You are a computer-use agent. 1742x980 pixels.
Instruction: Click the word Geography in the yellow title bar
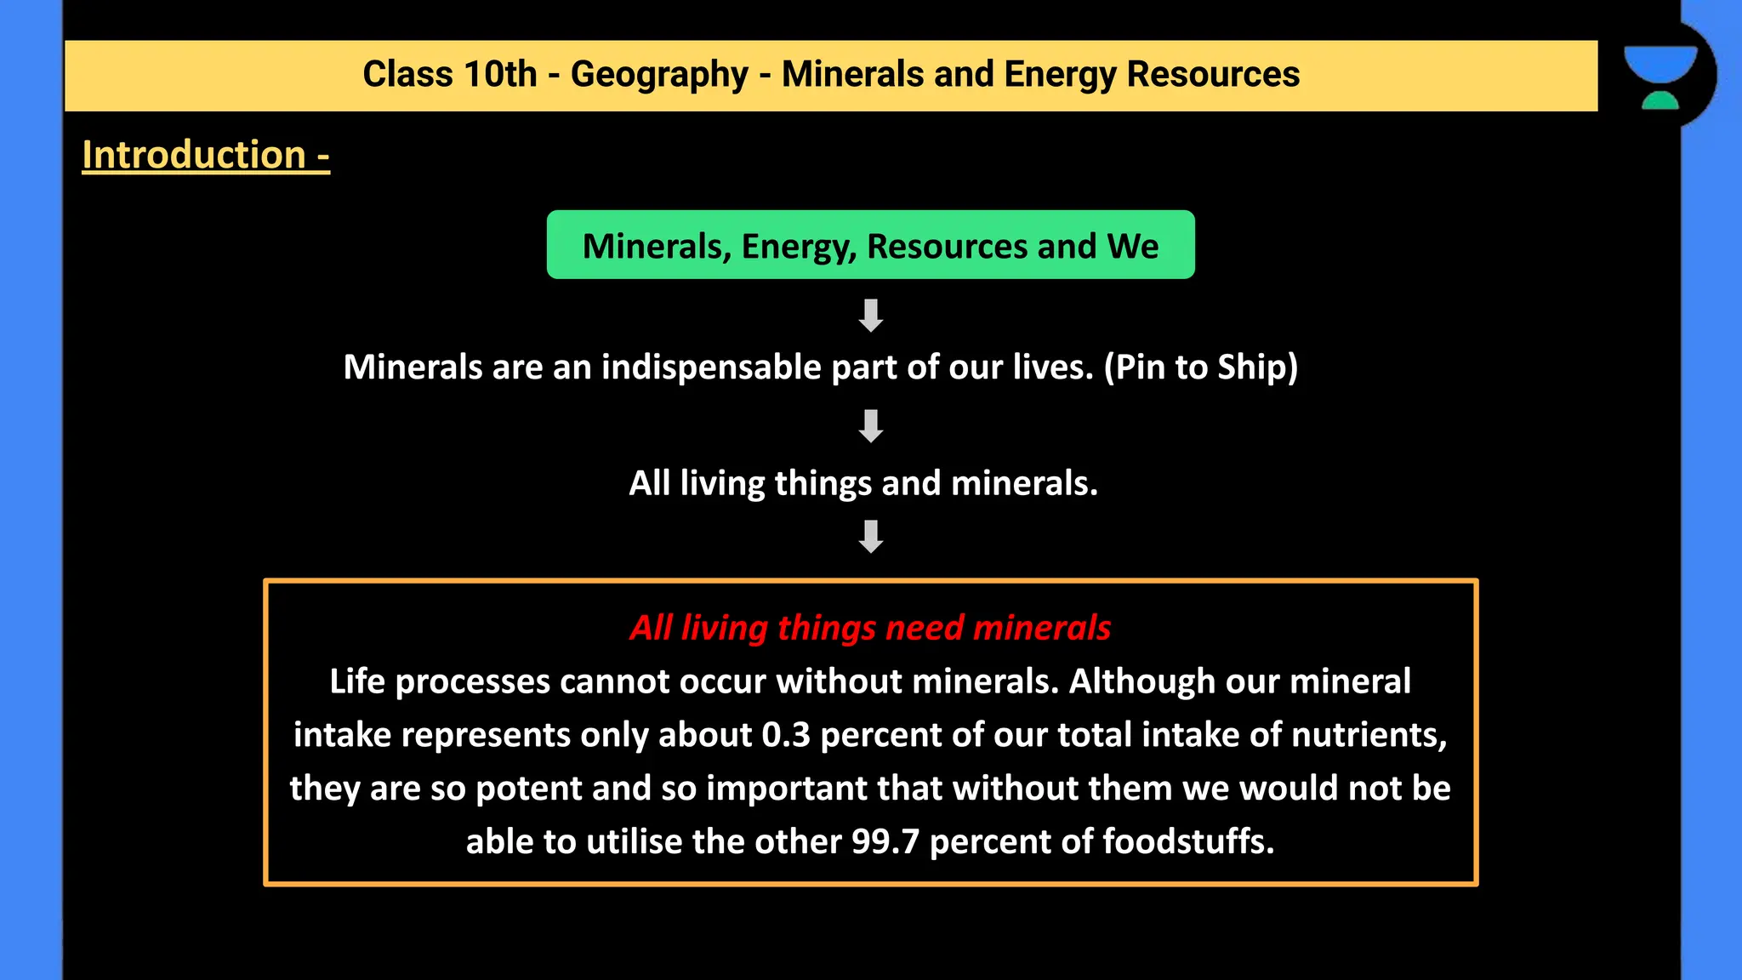[659, 75]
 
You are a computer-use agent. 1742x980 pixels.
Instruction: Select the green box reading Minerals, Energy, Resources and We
[870, 245]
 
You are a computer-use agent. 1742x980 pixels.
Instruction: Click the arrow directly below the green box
[870, 315]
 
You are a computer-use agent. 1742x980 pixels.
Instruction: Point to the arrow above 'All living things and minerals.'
[870, 426]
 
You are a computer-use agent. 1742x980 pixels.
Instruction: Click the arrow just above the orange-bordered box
[870, 537]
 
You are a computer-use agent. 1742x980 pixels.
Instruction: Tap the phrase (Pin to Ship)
[1201, 367]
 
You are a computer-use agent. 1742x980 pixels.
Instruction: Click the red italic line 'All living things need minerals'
[870, 628]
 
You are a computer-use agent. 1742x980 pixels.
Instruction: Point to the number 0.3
[786, 735]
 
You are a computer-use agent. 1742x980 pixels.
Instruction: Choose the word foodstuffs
[1188, 842]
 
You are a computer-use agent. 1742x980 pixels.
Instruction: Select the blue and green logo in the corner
[1660, 77]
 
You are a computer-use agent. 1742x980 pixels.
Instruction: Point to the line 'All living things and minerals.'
[863, 483]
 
